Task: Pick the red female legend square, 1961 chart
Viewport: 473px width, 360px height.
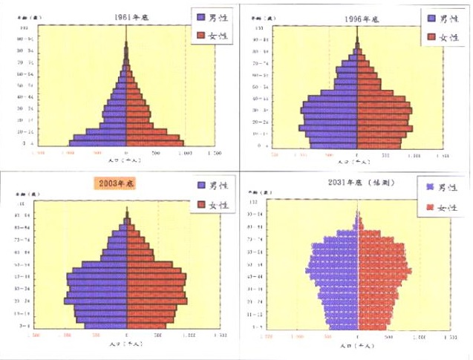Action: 201,35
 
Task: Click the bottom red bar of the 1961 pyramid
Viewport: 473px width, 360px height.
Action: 154,143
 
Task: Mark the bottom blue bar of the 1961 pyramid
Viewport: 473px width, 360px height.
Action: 98,143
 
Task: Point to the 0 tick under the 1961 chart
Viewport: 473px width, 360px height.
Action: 126,152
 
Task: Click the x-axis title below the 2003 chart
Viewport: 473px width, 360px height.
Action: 125,344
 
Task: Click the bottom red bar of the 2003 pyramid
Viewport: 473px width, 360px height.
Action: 147,324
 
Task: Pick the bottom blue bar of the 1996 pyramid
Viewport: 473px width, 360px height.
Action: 331,145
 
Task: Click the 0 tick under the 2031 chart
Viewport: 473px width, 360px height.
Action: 358,336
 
